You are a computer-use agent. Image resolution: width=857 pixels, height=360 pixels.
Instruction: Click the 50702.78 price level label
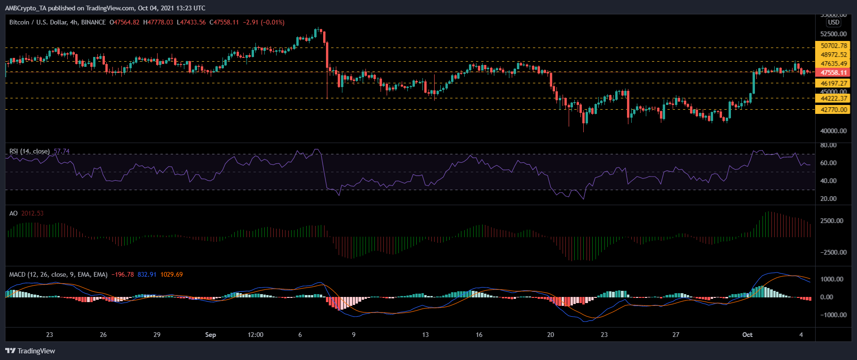[833, 46]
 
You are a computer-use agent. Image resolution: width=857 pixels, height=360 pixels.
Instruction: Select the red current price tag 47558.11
[833, 72]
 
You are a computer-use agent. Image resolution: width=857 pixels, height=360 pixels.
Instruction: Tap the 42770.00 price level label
[833, 110]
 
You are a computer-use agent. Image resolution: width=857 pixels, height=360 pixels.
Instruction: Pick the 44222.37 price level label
[833, 98]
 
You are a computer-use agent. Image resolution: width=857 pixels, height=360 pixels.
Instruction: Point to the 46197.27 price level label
[833, 83]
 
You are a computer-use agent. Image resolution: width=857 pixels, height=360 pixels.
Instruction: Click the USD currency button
[833, 22]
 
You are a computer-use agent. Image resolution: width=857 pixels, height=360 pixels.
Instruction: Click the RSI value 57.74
[62, 151]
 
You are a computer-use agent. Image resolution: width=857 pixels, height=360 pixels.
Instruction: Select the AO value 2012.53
[32, 213]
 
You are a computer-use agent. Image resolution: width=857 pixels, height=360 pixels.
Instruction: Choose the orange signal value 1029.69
[171, 274]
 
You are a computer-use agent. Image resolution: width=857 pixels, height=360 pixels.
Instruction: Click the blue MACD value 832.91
[147, 274]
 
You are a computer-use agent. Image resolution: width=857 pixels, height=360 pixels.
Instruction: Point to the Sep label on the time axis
[211, 335]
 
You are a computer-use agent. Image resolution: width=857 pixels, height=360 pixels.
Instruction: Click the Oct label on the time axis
[747, 335]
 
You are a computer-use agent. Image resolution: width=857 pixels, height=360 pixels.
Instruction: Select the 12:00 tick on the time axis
[255, 335]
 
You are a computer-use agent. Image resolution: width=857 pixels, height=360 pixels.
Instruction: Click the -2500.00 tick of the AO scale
[833, 252]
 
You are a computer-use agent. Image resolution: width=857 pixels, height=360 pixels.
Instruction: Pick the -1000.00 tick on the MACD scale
[833, 315]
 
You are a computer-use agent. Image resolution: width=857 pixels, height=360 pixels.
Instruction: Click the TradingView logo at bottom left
[30, 351]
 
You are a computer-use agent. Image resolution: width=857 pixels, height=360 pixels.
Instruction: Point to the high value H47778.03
[158, 22]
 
